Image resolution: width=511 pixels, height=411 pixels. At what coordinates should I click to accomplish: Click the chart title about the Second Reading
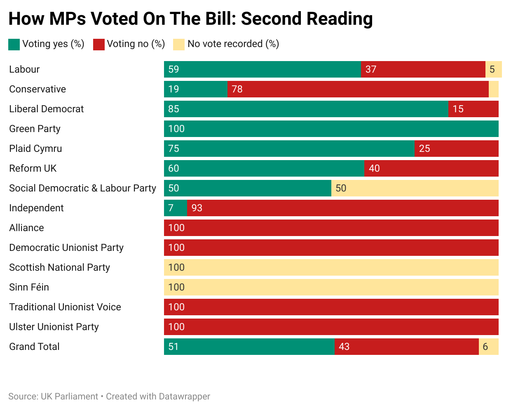click(190, 19)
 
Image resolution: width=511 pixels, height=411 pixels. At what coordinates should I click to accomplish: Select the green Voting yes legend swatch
click(14, 45)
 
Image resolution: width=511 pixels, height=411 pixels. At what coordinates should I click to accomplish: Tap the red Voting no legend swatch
click(99, 45)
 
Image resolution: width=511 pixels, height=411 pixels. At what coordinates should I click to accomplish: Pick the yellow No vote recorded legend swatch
click(179, 45)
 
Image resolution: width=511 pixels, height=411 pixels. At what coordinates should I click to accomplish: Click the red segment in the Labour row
click(423, 69)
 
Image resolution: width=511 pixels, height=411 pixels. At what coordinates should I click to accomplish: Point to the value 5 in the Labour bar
click(492, 69)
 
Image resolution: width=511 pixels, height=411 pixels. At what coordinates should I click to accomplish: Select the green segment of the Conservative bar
click(196, 89)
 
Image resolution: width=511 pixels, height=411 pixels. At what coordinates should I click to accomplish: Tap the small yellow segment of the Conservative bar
click(494, 89)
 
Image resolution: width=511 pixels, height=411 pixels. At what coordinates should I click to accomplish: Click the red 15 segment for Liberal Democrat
click(473, 109)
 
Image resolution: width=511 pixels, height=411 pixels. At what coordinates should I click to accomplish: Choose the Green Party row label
click(35, 129)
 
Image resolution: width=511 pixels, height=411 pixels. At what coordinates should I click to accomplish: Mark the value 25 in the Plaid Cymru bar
click(424, 149)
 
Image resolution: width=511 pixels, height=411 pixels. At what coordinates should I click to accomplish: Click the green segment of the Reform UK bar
click(264, 168)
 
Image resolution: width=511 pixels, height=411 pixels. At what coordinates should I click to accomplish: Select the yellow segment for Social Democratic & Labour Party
click(415, 188)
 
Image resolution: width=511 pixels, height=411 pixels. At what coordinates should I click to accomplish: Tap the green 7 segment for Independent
click(176, 208)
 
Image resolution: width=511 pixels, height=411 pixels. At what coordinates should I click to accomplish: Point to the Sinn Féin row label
click(29, 287)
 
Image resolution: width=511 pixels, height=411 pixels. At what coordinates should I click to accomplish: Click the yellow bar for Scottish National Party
click(331, 267)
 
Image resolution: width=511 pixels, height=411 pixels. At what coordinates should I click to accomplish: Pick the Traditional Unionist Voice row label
click(65, 307)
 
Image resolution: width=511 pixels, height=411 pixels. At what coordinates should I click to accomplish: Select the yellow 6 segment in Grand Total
click(489, 347)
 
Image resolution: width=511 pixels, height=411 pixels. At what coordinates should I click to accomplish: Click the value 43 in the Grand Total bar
click(344, 347)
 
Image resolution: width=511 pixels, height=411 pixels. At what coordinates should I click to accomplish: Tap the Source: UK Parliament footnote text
click(53, 397)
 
